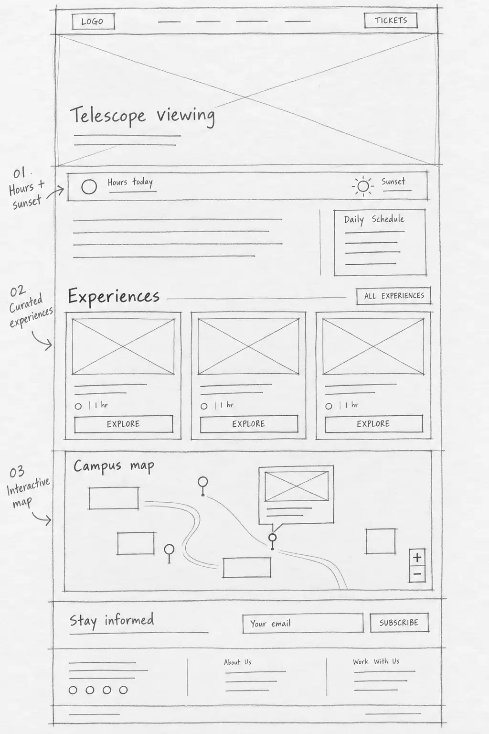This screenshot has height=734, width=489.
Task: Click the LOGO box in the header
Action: point(93,22)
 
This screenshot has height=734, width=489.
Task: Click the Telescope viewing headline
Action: point(143,116)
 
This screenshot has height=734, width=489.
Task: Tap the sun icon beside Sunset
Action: point(363,186)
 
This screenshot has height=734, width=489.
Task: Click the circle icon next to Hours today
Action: point(89,187)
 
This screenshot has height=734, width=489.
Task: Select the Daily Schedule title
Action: point(374,219)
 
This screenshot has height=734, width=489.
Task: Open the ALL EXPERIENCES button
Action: point(393,296)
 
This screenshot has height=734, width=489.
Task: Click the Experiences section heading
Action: point(114,296)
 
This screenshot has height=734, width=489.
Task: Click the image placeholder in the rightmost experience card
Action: point(373,346)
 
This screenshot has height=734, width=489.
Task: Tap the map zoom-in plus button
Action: point(417,557)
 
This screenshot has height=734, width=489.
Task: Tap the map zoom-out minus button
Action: point(417,574)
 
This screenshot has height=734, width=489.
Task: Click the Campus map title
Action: point(114,466)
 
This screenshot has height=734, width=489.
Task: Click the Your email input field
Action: point(303,623)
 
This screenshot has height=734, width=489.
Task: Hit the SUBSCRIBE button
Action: point(399,622)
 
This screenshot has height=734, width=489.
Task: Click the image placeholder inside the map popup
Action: point(297,486)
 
